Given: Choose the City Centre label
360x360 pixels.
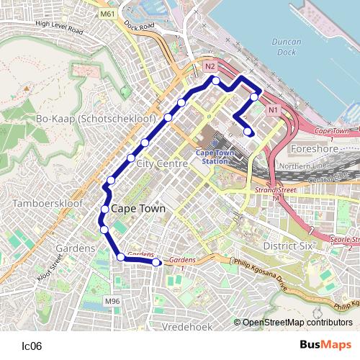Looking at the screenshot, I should (x=162, y=164).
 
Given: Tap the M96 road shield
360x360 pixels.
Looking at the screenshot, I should (x=112, y=300).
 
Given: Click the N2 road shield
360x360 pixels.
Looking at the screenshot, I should (x=210, y=67).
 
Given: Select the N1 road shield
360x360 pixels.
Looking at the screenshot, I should (x=272, y=110).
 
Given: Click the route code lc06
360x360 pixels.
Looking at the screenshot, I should (x=32, y=346).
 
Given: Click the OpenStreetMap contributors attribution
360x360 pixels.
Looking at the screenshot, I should (x=297, y=322).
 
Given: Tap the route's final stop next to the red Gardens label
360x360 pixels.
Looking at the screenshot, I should (x=157, y=262).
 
